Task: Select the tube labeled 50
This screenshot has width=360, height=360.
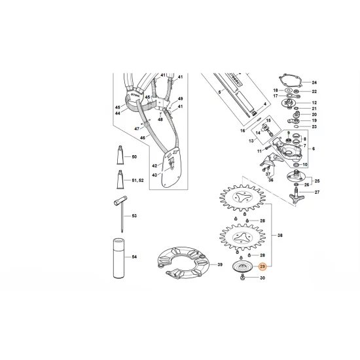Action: pos(120,158)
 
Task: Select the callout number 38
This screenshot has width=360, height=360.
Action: pos(280,234)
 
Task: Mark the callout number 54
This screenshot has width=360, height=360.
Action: pos(134,257)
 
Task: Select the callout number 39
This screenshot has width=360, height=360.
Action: pos(221,264)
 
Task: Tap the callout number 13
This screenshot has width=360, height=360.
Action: pos(250,140)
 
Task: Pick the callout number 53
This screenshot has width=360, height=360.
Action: pos(134,216)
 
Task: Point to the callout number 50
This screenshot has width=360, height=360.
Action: pos(134,158)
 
